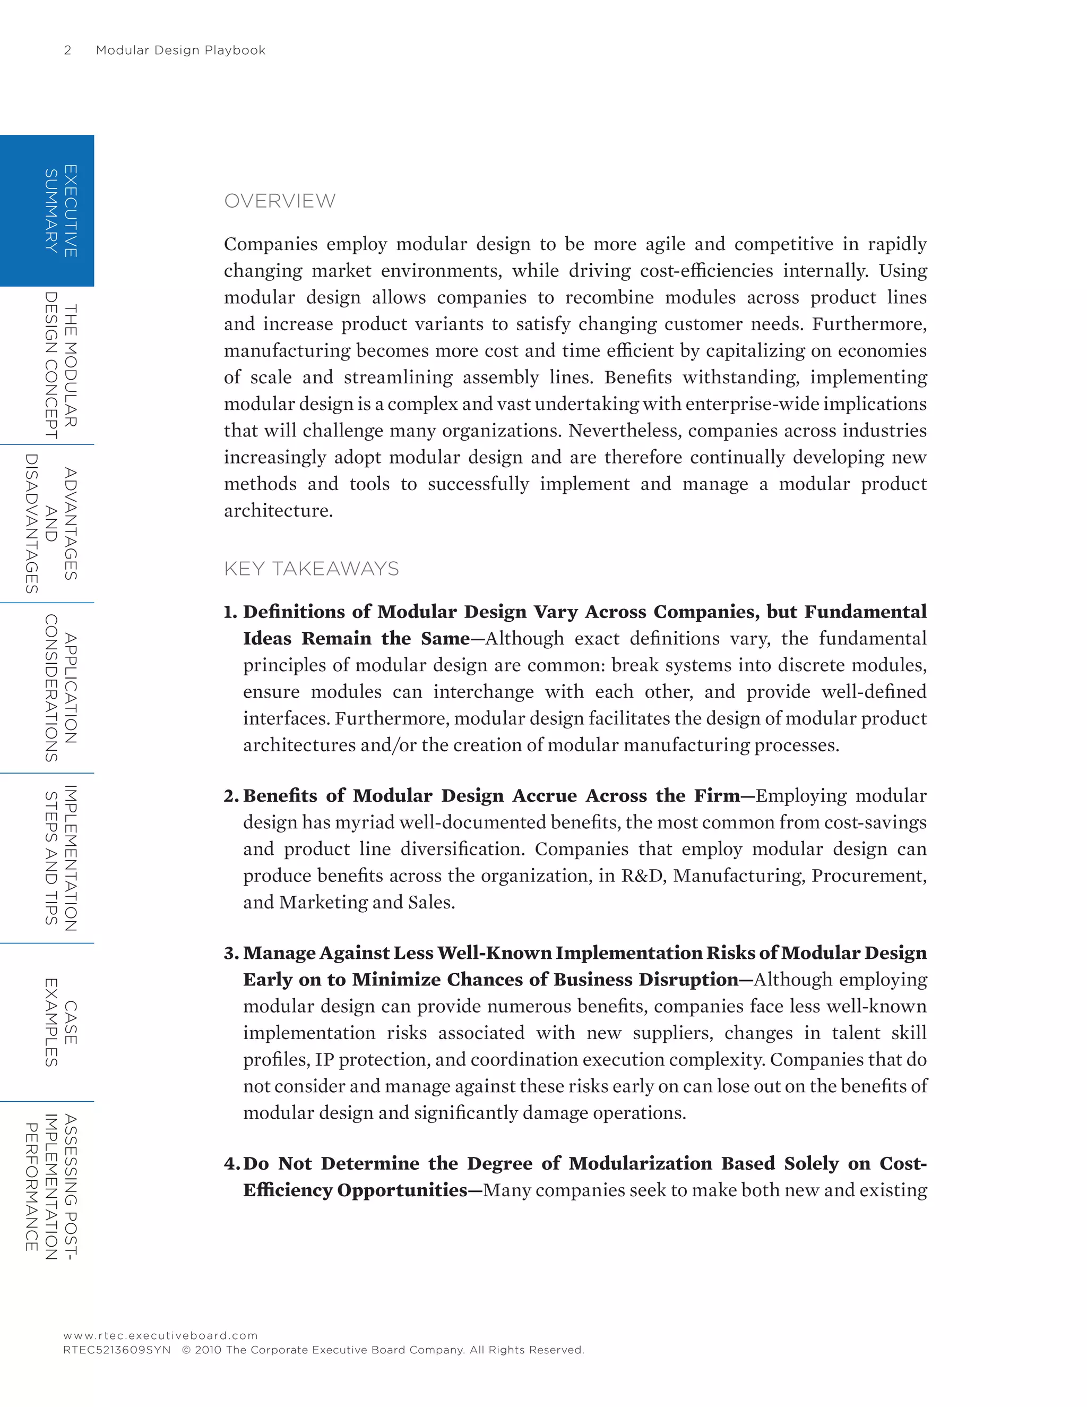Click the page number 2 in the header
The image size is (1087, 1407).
coord(67,50)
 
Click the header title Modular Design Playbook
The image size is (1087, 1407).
coord(180,50)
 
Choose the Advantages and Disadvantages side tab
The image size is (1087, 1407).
coord(51,524)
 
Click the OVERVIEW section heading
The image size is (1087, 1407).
coord(280,201)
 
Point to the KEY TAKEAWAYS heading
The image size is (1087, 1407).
coord(311,569)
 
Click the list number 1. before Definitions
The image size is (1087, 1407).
coord(230,612)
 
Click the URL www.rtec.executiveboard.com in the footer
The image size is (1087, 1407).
coord(160,1335)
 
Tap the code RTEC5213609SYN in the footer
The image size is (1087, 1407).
coord(117,1350)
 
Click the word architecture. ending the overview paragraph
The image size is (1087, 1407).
coord(278,511)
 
